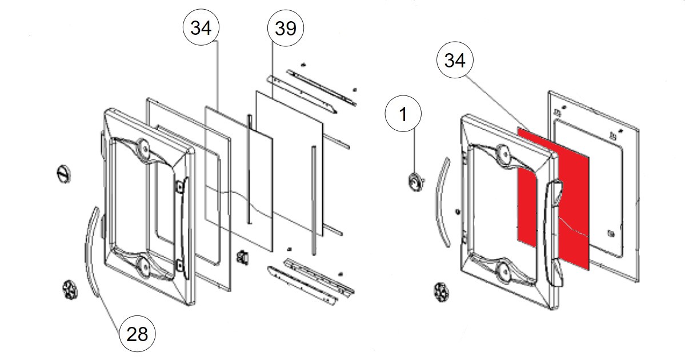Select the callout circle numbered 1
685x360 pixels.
pyautogui.click(x=403, y=114)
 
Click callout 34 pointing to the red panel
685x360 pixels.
pyautogui.click(x=455, y=61)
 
